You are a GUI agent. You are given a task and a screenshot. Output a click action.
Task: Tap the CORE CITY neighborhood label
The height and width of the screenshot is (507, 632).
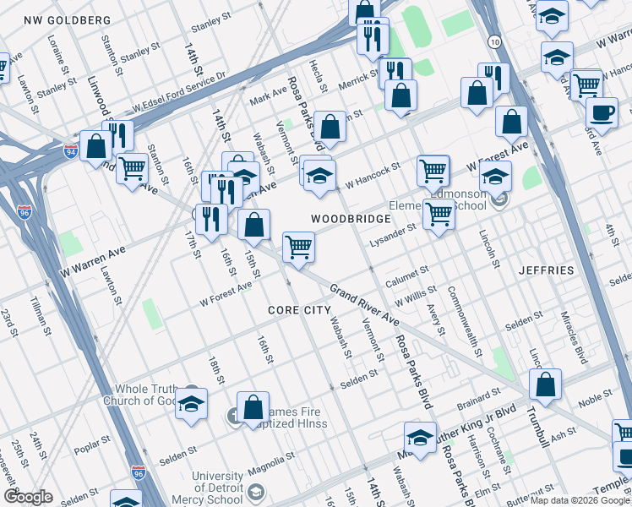[x=299, y=310]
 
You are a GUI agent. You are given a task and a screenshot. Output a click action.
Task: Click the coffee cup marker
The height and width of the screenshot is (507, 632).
[x=602, y=114]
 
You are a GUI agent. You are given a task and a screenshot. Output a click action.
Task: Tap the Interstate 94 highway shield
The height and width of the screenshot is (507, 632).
[x=70, y=151]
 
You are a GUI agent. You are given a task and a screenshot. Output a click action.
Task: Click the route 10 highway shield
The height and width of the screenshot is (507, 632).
[x=493, y=40]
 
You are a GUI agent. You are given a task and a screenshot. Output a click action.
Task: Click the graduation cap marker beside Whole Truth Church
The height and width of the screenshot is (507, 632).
[x=192, y=403]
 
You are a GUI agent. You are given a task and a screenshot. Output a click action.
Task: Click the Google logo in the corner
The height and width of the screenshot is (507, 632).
[x=28, y=498]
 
